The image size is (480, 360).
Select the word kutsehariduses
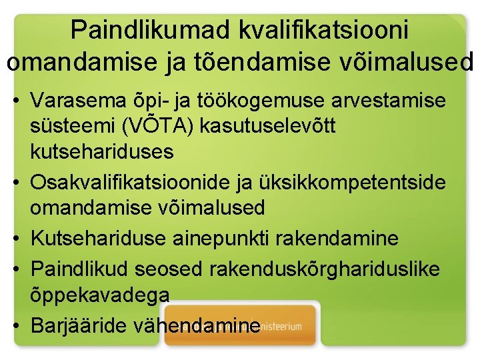click(x=102, y=151)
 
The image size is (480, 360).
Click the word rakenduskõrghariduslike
click(x=325, y=268)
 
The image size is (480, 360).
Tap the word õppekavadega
click(x=100, y=293)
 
